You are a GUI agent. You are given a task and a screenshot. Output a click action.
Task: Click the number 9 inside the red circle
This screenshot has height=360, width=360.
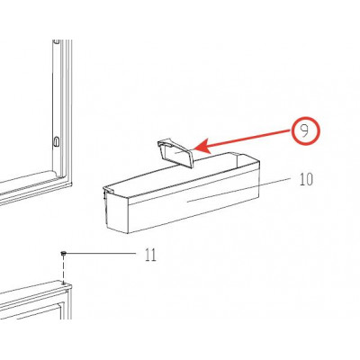(304, 131)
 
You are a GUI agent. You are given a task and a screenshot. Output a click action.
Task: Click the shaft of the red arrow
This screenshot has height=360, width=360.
(250, 139)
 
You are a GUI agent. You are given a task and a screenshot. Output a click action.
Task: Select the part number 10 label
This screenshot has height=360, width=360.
(306, 179)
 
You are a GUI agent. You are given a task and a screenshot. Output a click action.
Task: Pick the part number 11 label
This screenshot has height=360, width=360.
(150, 255)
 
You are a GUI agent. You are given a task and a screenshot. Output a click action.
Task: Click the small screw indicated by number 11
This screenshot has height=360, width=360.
(63, 254)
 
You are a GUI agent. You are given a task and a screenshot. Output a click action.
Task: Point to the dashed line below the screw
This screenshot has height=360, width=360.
(63, 269)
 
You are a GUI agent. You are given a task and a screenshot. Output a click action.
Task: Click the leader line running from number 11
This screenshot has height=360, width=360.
(101, 254)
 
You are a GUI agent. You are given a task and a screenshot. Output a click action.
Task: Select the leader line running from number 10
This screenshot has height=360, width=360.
(238, 190)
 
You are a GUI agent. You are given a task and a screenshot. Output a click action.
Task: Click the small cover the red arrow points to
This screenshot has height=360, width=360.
(175, 153)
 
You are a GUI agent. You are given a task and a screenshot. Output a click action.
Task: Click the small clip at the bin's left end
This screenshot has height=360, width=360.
(104, 192)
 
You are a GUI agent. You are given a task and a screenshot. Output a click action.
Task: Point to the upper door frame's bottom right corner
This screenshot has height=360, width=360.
(71, 184)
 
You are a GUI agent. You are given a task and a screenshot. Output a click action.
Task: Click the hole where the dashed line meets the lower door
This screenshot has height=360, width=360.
(63, 283)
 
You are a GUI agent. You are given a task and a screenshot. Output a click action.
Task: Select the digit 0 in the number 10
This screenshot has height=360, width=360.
(310, 179)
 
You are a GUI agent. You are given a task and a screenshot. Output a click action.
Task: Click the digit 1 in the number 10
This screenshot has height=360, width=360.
(302, 179)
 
